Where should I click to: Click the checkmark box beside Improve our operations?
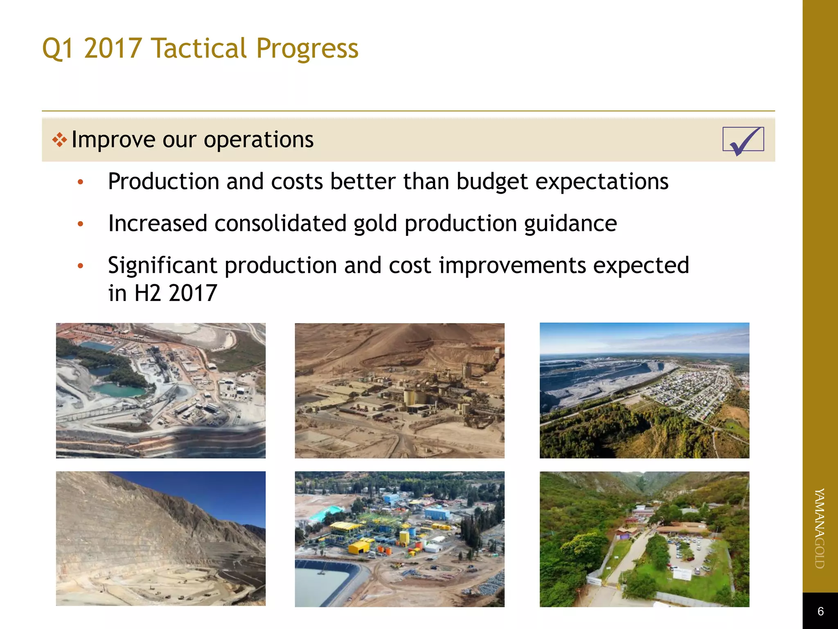743,140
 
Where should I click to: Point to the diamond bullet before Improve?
59,140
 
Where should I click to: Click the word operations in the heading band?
259,140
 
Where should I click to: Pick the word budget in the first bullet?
492,182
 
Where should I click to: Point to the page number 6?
820,611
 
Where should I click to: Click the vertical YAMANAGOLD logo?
820,528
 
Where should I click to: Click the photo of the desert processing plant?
399,390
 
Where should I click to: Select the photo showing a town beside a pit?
644,390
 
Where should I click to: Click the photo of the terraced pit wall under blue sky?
160,538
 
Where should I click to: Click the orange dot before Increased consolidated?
81,224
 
